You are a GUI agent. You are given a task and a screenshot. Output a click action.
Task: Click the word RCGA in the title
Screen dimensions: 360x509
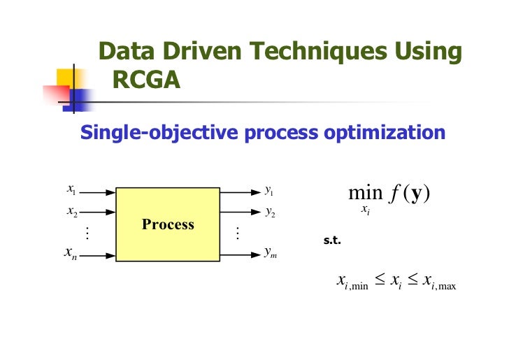[146, 81]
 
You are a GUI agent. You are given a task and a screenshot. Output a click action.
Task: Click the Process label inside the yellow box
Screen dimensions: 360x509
[168, 224]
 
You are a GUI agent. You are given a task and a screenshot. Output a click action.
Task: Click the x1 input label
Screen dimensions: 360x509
[72, 189]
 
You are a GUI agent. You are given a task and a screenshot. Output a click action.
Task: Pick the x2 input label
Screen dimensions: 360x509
[72, 210]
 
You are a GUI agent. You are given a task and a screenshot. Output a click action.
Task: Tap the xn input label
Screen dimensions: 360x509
[69, 255]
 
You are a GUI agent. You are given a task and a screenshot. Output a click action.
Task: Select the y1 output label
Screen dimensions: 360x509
[269, 190]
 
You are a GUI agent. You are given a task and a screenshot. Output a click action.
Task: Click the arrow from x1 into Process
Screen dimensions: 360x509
[99, 190]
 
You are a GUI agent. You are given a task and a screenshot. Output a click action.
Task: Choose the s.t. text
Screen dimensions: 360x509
[332, 241]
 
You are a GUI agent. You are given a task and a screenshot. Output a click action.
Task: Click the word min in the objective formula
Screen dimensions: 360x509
[366, 192]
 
